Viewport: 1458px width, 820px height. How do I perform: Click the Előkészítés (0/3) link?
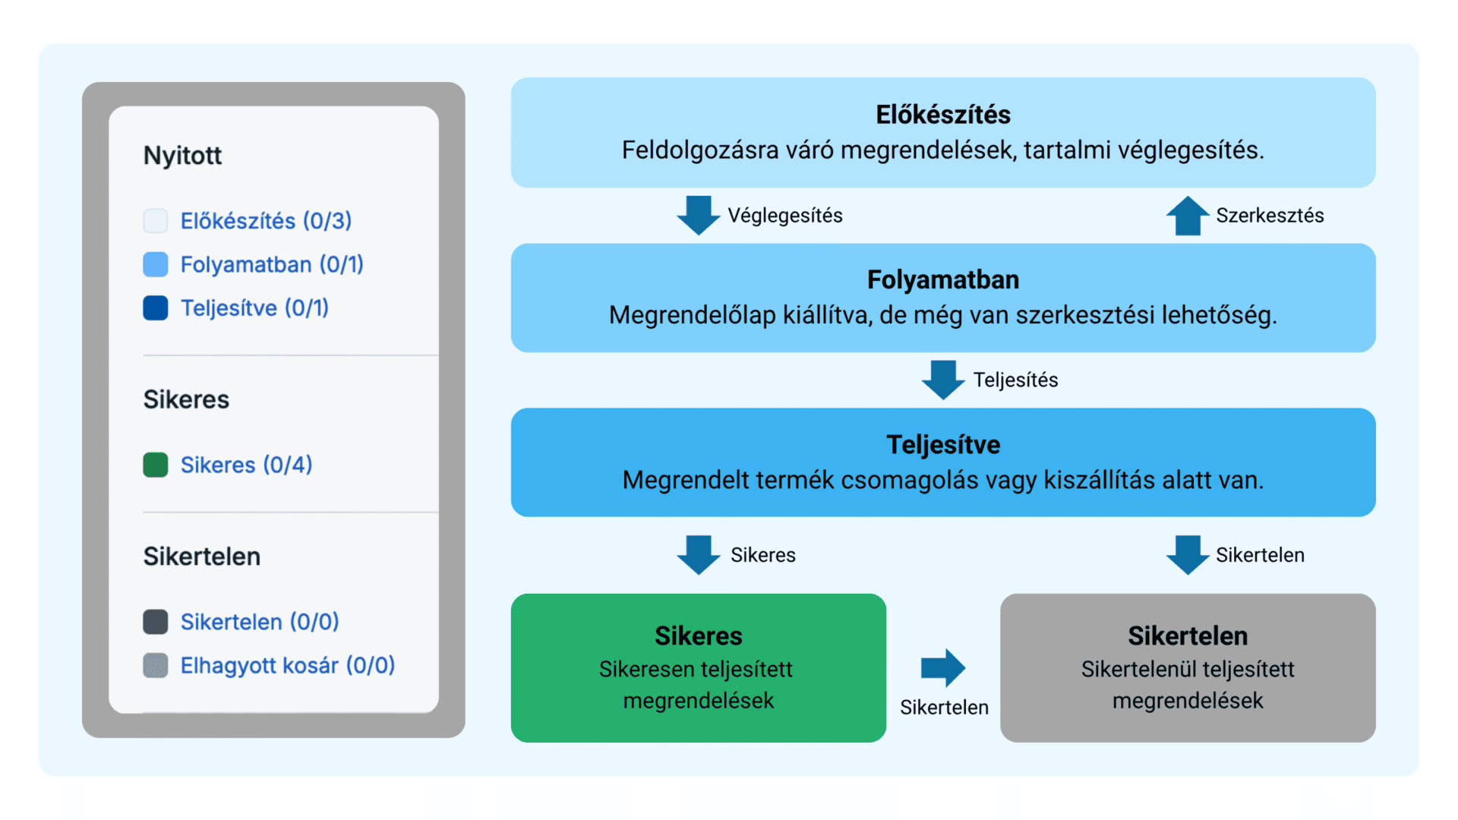tap(266, 221)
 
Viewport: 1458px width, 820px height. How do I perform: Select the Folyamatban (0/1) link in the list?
tap(272, 264)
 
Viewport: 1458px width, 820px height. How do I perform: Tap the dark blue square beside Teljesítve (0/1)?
tap(156, 308)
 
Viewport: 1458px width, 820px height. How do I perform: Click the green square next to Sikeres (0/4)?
tap(156, 465)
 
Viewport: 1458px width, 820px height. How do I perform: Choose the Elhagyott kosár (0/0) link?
tap(288, 665)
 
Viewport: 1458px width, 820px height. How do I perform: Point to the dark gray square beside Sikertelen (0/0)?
tap(156, 622)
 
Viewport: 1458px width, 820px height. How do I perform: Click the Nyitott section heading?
tap(182, 156)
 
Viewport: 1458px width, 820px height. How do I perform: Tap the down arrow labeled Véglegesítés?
tap(699, 216)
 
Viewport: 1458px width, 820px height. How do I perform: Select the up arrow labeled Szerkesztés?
tap(1188, 216)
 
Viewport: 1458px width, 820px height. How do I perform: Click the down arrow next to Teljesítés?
tap(943, 380)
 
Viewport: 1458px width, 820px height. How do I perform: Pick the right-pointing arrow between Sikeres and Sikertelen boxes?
tap(943, 668)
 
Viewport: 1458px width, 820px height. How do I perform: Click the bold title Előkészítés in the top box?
tap(943, 115)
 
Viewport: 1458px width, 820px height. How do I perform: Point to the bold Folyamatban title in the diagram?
tap(943, 279)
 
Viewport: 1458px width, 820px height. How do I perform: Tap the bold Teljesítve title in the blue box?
tap(943, 445)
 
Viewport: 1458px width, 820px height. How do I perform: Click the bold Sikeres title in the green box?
tap(699, 635)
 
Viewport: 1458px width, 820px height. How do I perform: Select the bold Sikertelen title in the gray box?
tap(1188, 635)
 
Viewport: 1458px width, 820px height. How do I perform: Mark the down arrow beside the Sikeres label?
tap(699, 555)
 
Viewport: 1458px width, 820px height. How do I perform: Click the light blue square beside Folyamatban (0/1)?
tap(156, 264)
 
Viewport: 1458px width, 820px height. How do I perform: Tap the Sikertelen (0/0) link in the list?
tap(260, 622)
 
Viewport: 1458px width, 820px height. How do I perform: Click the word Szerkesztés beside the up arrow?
tap(1270, 216)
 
